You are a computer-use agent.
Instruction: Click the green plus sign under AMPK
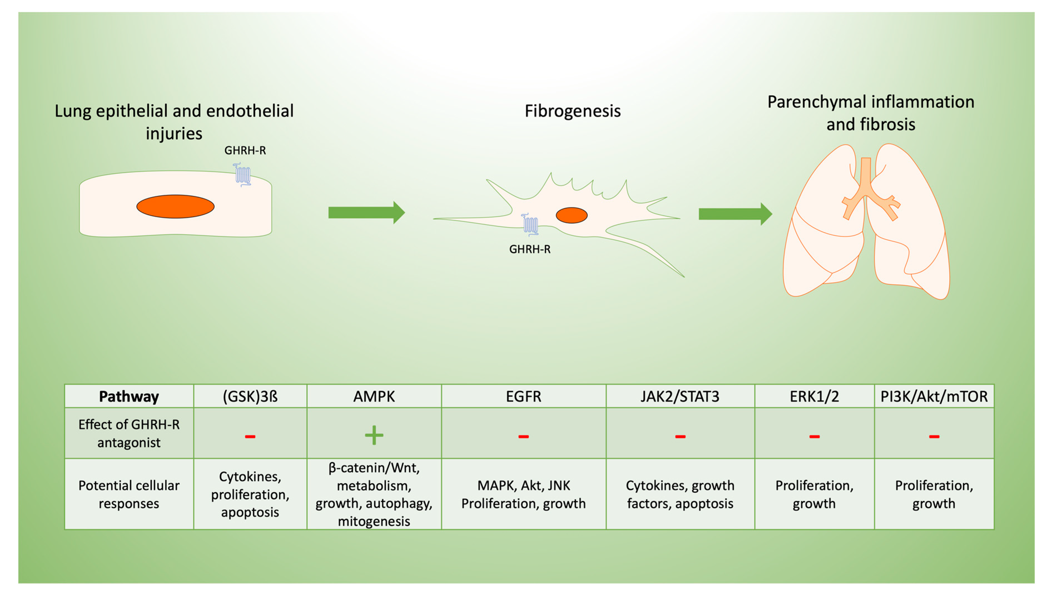pyautogui.click(x=374, y=435)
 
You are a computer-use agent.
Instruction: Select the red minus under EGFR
pyautogui.click(x=523, y=436)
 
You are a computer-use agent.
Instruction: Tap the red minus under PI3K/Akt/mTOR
pyautogui.click(x=934, y=436)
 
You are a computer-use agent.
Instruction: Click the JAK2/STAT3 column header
pyautogui.click(x=680, y=396)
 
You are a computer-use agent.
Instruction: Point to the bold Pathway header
pyautogui.click(x=129, y=396)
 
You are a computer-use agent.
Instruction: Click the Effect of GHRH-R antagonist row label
pyautogui.click(x=129, y=433)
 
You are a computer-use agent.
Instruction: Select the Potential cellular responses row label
pyautogui.click(x=129, y=494)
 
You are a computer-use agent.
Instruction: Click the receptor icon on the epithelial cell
pyautogui.click(x=242, y=175)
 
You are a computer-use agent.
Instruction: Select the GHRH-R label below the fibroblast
pyautogui.click(x=529, y=249)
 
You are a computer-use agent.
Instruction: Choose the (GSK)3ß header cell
pyautogui.click(x=250, y=396)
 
